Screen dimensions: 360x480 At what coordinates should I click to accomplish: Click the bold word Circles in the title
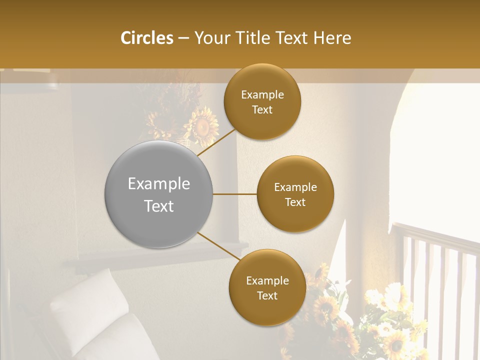[146, 38]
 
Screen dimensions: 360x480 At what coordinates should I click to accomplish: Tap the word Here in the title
[332, 38]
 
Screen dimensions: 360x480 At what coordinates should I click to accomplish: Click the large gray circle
[158, 194]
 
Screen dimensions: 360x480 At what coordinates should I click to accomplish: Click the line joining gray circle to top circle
[216, 142]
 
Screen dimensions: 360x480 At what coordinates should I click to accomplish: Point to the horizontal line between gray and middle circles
[235, 194]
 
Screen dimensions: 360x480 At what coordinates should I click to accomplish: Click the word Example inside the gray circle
[158, 183]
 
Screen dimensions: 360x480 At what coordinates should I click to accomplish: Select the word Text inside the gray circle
[158, 206]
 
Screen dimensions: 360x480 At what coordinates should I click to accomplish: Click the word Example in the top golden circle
[262, 94]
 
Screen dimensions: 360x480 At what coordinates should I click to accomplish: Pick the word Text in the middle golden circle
[295, 202]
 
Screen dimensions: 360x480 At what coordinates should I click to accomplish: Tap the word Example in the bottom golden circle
[267, 280]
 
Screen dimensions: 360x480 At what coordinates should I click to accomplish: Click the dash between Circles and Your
[183, 38]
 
